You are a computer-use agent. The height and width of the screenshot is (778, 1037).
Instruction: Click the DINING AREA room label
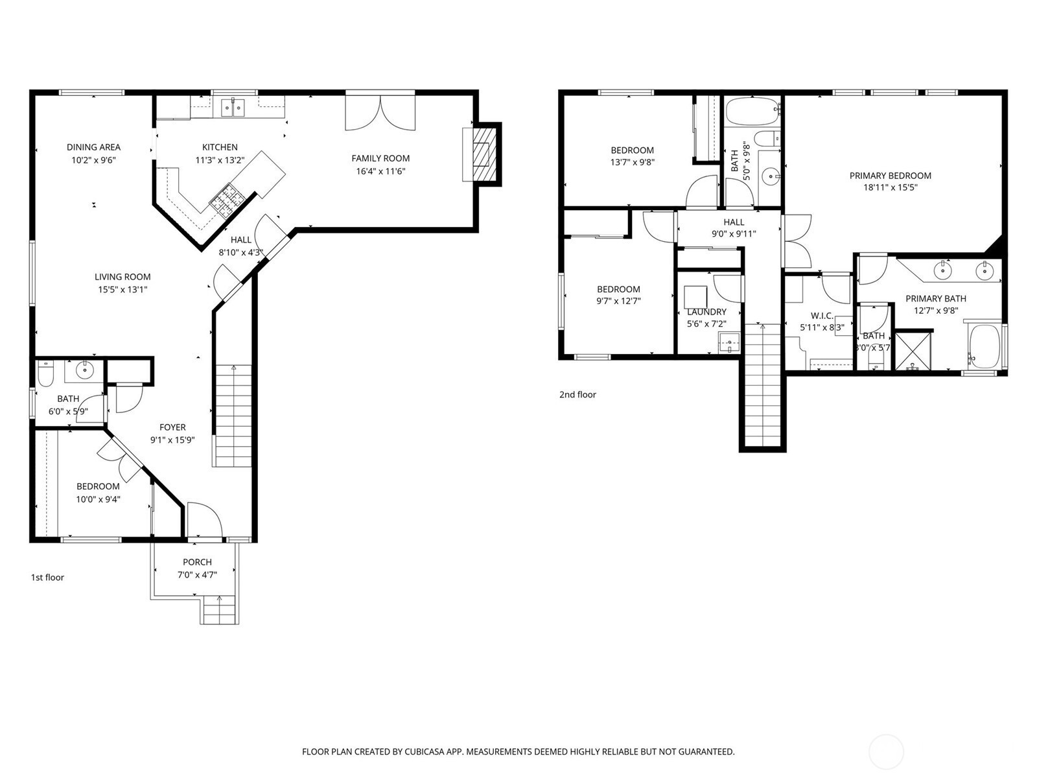(x=93, y=147)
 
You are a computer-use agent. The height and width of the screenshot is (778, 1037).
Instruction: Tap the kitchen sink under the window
(x=233, y=107)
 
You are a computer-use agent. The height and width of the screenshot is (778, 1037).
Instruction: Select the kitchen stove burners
(x=227, y=200)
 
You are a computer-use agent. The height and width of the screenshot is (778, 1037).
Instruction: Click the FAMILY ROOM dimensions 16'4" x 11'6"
(x=380, y=171)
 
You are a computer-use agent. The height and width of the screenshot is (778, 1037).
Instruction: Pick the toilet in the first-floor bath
(x=45, y=373)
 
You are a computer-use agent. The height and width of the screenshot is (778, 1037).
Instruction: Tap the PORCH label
(x=197, y=562)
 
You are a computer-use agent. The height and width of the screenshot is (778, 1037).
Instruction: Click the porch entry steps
(x=219, y=610)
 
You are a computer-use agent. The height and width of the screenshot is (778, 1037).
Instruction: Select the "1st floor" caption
(x=47, y=577)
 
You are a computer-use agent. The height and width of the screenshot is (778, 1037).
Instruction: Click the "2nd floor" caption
(x=577, y=394)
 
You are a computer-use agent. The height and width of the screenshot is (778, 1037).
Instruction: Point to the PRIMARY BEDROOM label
(x=890, y=176)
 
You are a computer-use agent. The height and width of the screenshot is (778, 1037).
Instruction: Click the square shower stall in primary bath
(x=913, y=351)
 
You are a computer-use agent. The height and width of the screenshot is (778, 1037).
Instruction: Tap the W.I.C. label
(x=822, y=316)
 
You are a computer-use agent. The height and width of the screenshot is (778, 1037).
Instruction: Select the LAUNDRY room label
(x=706, y=312)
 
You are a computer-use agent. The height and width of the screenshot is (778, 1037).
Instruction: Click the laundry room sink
(x=730, y=342)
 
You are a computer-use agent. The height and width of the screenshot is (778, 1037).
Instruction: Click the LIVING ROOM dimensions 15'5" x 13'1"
(x=122, y=290)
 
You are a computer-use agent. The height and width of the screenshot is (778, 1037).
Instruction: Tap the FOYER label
(x=172, y=427)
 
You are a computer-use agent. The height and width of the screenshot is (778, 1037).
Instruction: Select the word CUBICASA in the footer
(x=425, y=751)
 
